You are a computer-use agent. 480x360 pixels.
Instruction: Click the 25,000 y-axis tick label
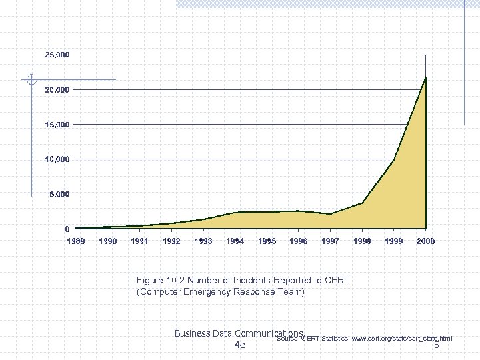point(57,55)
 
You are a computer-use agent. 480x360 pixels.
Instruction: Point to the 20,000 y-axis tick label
point(57,89)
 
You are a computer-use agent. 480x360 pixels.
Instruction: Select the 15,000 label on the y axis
point(57,125)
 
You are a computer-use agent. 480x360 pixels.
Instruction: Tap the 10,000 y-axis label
point(57,159)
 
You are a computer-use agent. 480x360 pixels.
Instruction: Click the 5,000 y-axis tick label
point(59,194)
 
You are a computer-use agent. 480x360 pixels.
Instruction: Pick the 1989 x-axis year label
point(75,241)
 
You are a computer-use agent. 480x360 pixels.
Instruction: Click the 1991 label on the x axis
point(139,241)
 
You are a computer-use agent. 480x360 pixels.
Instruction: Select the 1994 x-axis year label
point(235,241)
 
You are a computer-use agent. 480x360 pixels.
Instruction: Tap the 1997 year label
point(331,241)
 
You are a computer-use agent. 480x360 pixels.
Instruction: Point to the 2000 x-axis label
point(425,241)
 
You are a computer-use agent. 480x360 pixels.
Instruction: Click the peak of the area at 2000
point(425,77)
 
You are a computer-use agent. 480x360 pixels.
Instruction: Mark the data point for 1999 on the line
point(394,160)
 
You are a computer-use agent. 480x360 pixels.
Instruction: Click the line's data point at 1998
point(362,203)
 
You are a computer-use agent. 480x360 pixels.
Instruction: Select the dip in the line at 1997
point(331,214)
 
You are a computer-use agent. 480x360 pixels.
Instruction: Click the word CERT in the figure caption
point(335,281)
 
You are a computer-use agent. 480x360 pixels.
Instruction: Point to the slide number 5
point(437,345)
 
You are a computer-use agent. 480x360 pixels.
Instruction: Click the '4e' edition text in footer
point(240,345)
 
